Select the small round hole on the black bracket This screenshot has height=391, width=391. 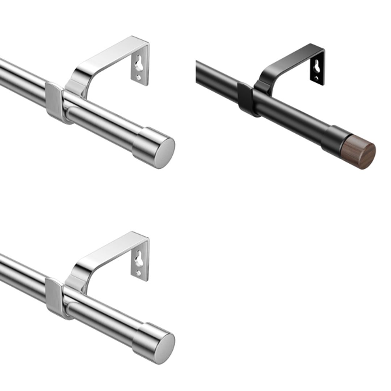[x=317, y=78]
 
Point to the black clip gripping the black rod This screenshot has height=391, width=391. [x=245, y=100]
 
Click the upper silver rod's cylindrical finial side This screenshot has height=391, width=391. [x=143, y=143]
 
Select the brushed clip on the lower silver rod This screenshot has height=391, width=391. [x=54, y=298]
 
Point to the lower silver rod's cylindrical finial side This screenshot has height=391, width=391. [x=143, y=339]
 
